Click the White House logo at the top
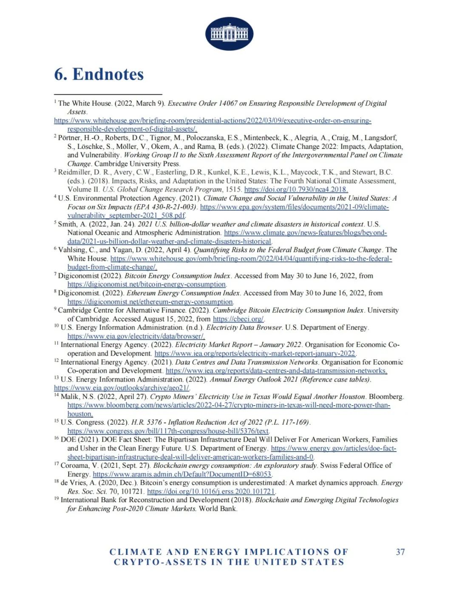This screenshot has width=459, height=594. click(x=229, y=34)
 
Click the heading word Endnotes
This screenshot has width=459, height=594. click(x=108, y=74)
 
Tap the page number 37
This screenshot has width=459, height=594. click(x=400, y=552)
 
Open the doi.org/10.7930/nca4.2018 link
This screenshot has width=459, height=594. click(x=296, y=190)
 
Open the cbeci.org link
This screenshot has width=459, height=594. click(x=238, y=319)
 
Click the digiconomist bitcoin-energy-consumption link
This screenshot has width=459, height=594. click(x=147, y=284)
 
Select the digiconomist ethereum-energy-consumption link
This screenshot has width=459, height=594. click(x=150, y=302)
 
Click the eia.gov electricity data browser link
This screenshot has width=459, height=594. click(x=136, y=336)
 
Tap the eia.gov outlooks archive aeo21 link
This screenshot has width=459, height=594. click(x=122, y=388)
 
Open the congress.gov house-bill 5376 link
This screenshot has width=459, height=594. click(x=168, y=431)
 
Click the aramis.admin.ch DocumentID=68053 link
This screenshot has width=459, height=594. click(x=182, y=474)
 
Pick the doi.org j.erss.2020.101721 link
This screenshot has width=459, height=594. click(x=211, y=492)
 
